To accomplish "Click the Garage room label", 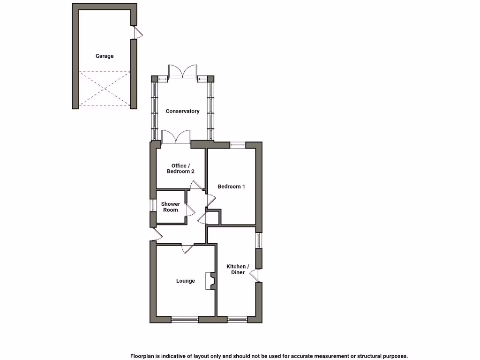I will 105,56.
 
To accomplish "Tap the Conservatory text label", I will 182,111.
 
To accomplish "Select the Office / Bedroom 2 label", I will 180,169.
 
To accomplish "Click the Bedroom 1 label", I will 232,187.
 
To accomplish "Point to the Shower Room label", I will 171,207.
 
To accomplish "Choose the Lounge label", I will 186,281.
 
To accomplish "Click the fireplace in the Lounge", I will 210,281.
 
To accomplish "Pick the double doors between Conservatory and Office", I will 175,137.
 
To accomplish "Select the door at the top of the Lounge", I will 187,248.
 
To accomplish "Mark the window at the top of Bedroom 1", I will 238,145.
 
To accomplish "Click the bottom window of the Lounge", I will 185,320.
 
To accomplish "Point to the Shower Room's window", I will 152,206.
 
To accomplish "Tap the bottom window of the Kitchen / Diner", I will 237,320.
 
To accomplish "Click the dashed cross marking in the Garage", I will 105,89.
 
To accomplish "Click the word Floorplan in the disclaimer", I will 143,356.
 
